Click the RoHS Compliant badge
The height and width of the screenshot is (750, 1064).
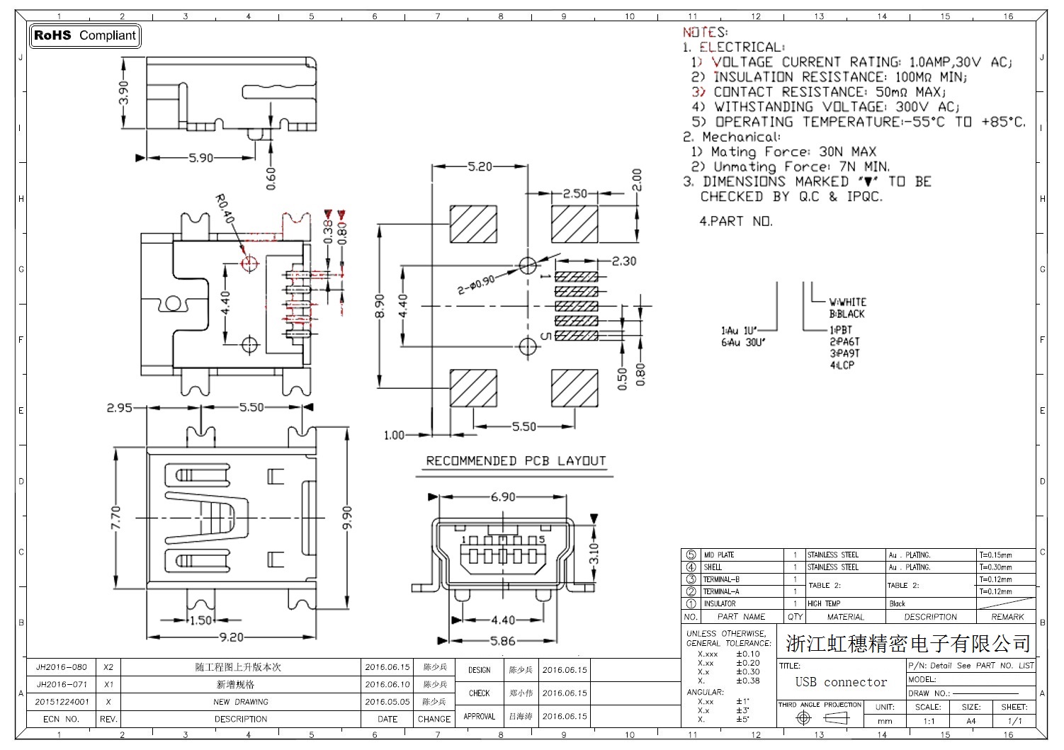pos(85,35)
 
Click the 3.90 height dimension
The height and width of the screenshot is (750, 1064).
pos(124,92)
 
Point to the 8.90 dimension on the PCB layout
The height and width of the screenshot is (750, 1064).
pos(380,306)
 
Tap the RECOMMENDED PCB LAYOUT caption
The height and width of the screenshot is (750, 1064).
pos(516,461)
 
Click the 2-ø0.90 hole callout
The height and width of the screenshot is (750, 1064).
pos(477,285)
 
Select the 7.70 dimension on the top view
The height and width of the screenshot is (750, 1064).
pos(116,518)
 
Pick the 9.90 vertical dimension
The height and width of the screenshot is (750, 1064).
pos(347,518)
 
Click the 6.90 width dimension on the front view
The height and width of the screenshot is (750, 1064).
pos(503,497)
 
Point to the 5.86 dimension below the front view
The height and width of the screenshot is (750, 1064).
pos(503,641)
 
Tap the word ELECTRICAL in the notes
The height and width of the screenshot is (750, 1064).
pos(741,47)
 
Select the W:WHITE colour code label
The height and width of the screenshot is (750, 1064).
pos(848,302)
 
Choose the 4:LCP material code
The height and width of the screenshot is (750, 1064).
pos(842,365)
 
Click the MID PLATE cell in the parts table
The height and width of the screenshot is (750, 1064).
pos(718,555)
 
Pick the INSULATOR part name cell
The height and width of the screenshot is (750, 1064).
pos(719,603)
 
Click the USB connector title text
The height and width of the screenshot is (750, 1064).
pos(841,682)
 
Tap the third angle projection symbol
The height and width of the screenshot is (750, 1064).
pos(820,718)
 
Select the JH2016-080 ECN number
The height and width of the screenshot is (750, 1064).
pos(62,667)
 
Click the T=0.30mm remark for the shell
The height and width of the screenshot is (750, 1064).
pos(995,567)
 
